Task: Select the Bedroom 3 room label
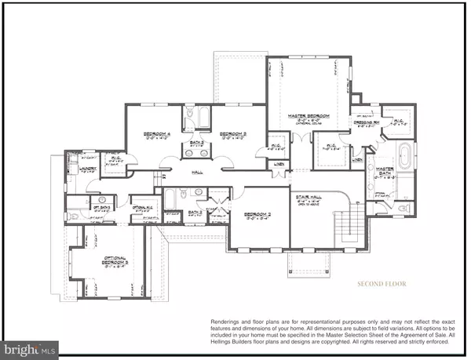[233, 134]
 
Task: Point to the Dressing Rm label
[367, 122]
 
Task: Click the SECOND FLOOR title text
[382, 283]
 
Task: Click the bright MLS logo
[29, 346]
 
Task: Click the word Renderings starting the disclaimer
[228, 322]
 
